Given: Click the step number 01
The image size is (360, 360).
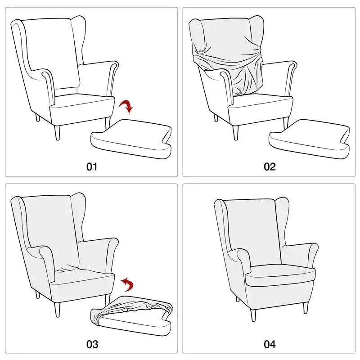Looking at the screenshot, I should pos(92,166).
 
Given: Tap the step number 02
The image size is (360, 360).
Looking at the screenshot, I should pos(269,166).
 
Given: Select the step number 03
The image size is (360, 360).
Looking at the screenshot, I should pos(92,345).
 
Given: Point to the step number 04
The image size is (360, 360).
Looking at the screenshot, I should pos(269,345).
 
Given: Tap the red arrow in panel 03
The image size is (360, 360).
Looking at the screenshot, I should pos(128,284).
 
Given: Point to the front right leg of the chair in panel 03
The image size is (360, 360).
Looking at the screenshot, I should pos(107,301).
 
